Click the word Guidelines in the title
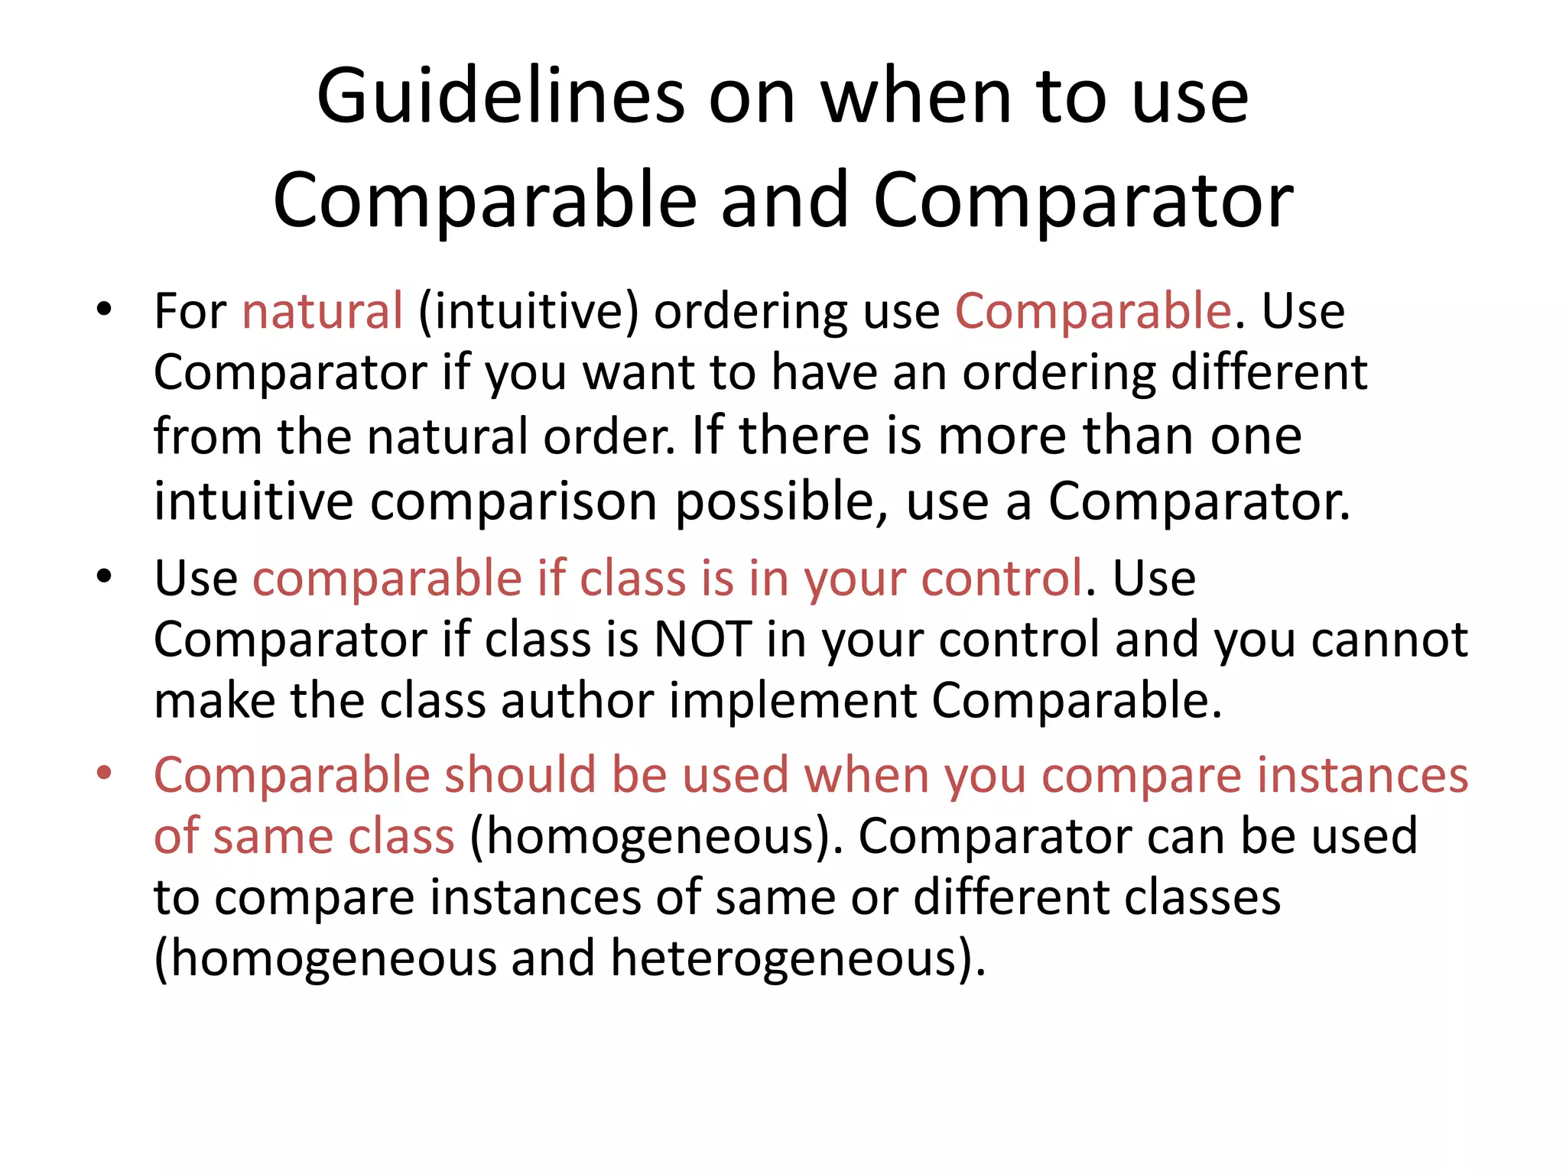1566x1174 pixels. (501, 97)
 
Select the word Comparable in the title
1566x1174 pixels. (485, 200)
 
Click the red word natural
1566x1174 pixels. (322, 311)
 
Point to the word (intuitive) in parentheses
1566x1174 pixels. (528, 311)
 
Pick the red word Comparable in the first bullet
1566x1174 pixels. (1093, 311)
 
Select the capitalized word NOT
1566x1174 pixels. (702, 639)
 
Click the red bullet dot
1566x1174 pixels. (104, 773)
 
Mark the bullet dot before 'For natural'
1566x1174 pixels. (104, 310)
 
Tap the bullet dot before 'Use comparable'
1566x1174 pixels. (104, 576)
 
